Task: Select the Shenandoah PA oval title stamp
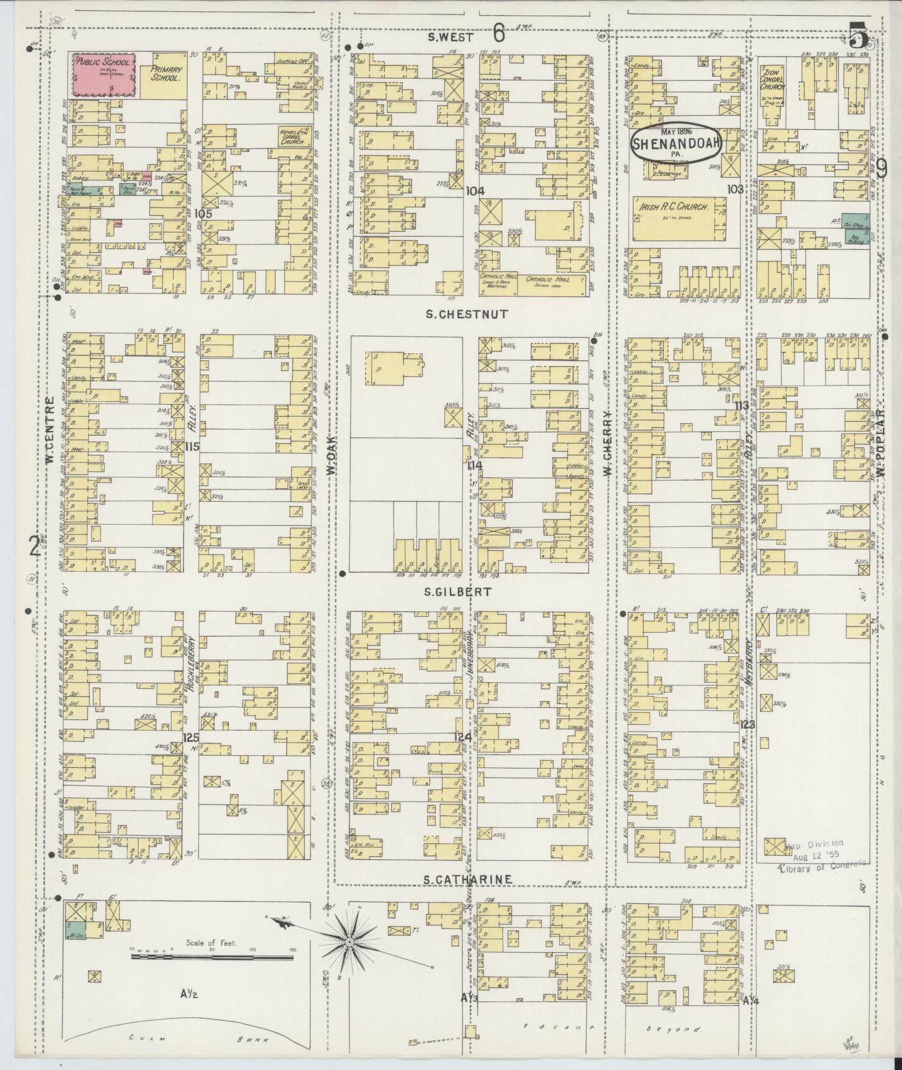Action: pyautogui.click(x=677, y=143)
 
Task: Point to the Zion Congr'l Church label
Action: pyautogui.click(x=773, y=78)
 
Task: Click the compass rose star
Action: pyautogui.click(x=349, y=942)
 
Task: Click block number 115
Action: pyautogui.click(x=192, y=446)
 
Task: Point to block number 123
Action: pyautogui.click(x=747, y=724)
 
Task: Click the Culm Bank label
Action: pyautogui.click(x=190, y=1039)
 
